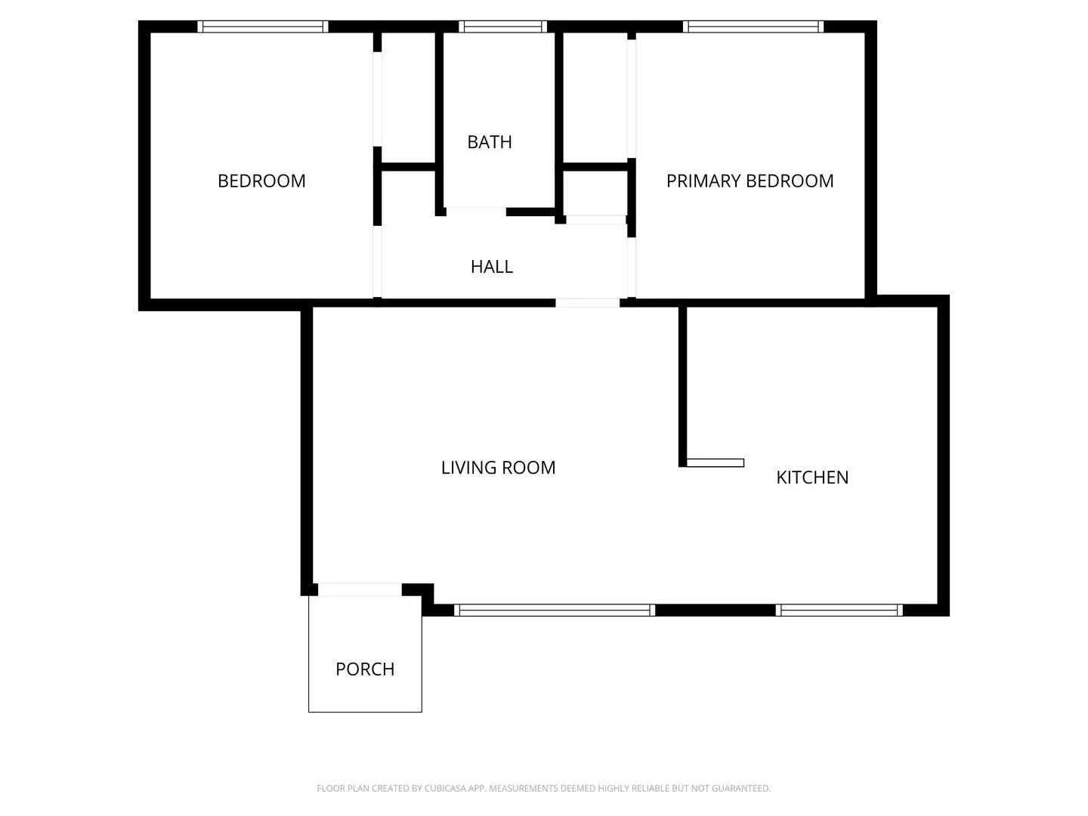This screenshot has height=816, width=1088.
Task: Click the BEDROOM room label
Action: (261, 181)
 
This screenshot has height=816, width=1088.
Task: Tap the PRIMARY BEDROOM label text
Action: (750, 181)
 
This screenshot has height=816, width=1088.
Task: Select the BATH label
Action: (490, 142)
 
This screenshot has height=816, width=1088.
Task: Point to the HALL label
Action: (492, 267)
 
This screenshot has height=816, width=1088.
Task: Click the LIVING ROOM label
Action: (498, 468)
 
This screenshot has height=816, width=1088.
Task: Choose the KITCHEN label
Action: (812, 478)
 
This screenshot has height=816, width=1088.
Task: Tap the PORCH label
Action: (365, 669)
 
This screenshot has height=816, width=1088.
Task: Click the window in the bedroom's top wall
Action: (263, 27)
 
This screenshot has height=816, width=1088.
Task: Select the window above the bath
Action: (502, 27)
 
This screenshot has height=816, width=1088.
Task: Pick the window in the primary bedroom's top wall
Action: (753, 27)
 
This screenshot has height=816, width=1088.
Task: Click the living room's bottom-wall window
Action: (554, 610)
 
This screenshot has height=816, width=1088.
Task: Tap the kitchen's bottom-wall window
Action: (839, 610)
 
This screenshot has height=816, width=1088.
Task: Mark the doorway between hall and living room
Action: (588, 303)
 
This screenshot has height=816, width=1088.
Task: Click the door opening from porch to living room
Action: (360, 590)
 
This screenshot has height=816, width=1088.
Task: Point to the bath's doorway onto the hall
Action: (475, 212)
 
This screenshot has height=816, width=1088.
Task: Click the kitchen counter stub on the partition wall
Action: (715, 463)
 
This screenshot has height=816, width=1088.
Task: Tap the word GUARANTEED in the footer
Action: (745, 789)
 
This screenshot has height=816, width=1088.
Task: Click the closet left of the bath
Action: (408, 97)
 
